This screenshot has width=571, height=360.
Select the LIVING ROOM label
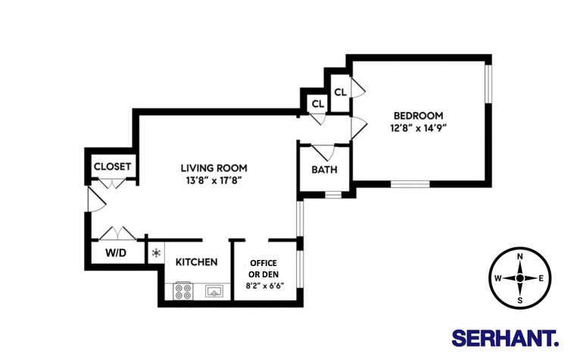tap(214, 167)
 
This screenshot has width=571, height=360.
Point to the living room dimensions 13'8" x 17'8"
tap(214, 180)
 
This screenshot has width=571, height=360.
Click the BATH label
tap(324, 170)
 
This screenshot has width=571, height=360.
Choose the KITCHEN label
tap(197, 262)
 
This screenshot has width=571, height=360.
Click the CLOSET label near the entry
tap(112, 167)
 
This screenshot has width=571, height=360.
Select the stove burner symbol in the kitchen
tap(183, 291)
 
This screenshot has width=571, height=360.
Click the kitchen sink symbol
tap(214, 291)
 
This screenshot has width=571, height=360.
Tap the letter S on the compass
tap(520, 299)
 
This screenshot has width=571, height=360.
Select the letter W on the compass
tap(498, 278)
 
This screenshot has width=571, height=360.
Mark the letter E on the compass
tap(541, 278)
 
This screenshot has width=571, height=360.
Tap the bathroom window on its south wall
tap(333, 195)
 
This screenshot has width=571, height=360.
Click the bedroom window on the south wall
tap(410, 183)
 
